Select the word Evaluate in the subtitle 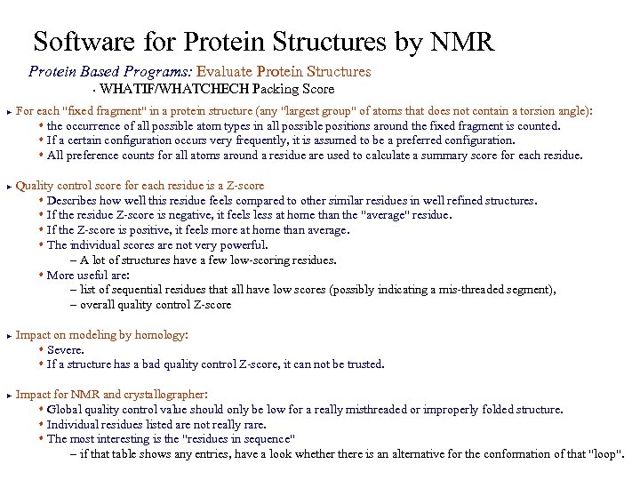(x=224, y=71)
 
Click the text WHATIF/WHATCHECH (x=175, y=89)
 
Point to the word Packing (x=275, y=89)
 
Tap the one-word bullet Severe (x=65, y=350)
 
